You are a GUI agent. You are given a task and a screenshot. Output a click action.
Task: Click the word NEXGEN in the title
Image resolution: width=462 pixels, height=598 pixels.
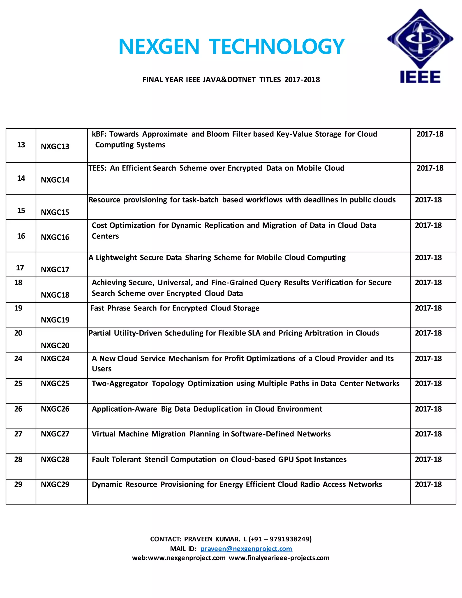(159, 46)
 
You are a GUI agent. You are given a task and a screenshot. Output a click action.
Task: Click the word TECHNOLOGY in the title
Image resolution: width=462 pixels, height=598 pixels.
(276, 46)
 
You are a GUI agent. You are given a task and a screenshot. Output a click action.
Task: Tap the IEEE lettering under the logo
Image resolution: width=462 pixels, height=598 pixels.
(420, 77)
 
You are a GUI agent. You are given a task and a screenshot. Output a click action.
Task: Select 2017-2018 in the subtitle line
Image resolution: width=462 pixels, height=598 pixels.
(302, 80)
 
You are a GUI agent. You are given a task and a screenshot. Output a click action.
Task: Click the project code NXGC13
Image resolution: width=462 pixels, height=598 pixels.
(55, 146)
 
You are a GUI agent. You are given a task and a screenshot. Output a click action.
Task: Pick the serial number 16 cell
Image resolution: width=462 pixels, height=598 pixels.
(21, 236)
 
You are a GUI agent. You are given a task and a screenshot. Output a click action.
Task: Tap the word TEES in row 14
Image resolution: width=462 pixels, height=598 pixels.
(97, 168)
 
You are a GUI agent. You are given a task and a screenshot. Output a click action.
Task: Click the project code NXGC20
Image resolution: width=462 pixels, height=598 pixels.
(55, 345)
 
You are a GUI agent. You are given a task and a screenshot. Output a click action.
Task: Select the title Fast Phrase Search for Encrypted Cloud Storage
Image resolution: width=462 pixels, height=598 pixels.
(175, 308)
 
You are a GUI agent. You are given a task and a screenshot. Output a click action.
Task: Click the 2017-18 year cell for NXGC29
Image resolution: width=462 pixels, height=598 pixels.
(428, 484)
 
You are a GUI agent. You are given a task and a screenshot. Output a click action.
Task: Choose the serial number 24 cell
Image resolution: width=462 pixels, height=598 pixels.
(18, 358)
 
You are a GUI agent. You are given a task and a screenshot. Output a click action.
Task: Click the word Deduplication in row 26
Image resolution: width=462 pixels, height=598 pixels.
(218, 409)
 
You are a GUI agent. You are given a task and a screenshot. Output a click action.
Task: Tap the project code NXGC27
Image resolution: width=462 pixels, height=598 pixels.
(55, 434)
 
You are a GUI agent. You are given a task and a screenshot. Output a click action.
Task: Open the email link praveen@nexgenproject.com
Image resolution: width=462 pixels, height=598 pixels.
(246, 549)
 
